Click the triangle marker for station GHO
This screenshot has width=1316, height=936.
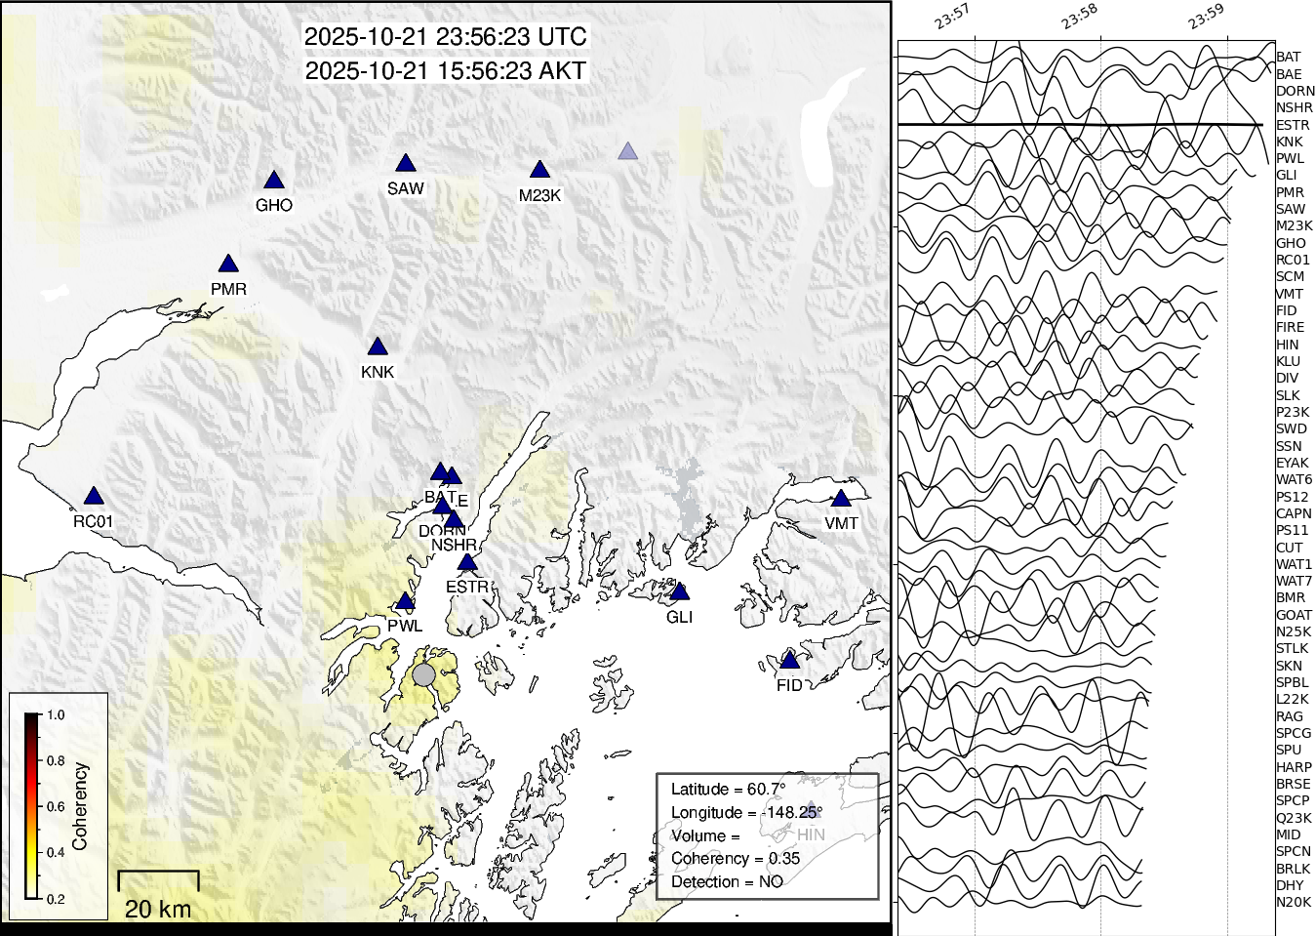tap(274, 181)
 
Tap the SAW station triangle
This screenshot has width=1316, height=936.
tap(406, 164)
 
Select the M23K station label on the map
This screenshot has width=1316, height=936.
tap(539, 195)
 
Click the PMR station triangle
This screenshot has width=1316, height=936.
tap(228, 265)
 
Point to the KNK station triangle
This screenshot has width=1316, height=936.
tap(378, 347)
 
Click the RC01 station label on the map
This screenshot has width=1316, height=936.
tap(93, 521)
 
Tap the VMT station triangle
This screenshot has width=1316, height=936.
tap(841, 499)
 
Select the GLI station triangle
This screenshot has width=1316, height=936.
tap(680, 592)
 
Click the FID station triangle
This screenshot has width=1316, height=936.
tap(790, 662)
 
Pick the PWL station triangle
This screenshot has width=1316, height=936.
tap(405, 602)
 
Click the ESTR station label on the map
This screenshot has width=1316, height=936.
tap(467, 587)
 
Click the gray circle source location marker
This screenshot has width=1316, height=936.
tap(423, 675)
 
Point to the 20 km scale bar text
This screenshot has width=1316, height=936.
tap(158, 910)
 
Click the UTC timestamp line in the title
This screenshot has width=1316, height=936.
tap(446, 37)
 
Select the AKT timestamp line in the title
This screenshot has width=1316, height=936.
tap(446, 71)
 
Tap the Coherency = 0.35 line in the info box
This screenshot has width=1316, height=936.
tap(736, 859)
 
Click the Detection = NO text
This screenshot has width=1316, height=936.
tap(727, 882)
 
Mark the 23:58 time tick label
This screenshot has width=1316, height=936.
tap(1080, 17)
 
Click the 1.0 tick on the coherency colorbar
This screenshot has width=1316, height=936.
tap(56, 715)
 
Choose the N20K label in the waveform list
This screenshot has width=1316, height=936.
tap(1294, 903)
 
